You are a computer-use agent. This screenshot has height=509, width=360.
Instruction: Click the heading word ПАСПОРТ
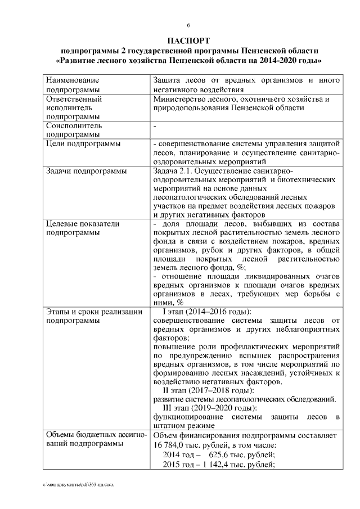(x=188, y=40)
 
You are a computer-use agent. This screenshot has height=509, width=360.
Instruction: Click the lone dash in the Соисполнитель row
(x=155, y=126)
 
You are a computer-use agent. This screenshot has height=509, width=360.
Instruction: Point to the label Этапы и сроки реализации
(x=92, y=311)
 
